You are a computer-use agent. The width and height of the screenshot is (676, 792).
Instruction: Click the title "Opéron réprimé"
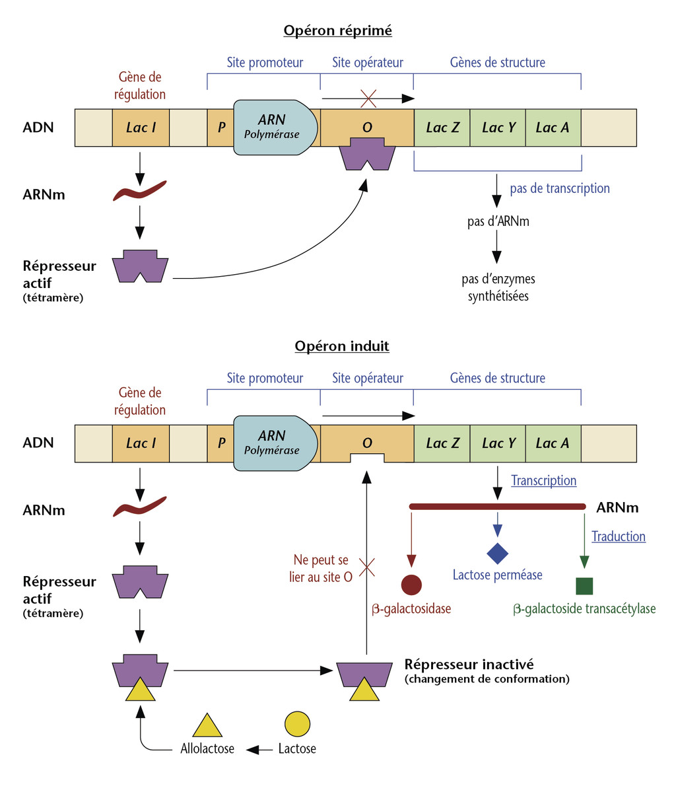click(337, 30)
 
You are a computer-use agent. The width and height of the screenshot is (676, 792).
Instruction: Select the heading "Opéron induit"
click(342, 346)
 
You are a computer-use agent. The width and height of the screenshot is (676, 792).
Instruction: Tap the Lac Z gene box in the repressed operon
click(442, 127)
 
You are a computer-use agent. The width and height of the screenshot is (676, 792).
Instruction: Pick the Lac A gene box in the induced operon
click(553, 443)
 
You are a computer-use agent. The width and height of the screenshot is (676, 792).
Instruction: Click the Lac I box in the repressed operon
click(141, 127)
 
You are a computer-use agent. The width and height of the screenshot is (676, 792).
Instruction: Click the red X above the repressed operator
click(368, 99)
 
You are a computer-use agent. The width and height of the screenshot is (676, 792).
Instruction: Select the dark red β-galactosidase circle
click(411, 585)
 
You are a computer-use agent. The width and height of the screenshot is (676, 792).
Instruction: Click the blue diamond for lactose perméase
click(497, 553)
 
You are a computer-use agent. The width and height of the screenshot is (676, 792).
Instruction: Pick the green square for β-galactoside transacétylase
click(584, 586)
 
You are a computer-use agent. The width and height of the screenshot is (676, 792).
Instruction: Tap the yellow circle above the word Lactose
click(297, 723)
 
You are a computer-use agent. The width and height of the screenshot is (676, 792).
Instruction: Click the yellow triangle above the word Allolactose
click(208, 726)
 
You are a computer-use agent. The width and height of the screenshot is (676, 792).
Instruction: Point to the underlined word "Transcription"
click(543, 481)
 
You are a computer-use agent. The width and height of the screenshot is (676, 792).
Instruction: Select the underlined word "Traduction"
click(618, 536)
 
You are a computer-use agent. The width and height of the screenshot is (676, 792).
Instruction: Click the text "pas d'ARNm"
click(498, 221)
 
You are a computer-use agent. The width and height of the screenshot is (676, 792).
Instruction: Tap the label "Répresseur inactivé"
click(469, 664)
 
